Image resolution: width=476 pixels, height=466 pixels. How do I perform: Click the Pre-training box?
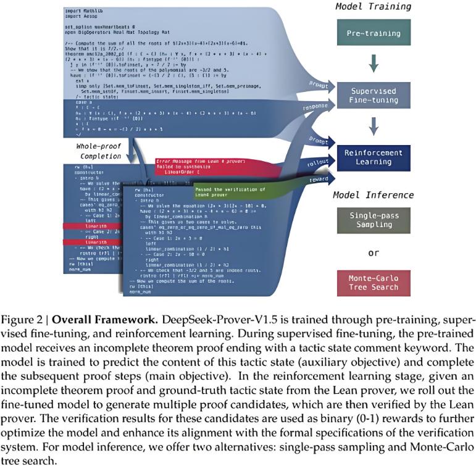click(374, 33)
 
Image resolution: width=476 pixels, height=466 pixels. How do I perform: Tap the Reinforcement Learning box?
click(374, 157)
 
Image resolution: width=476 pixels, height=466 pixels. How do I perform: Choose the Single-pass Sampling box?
click(374, 220)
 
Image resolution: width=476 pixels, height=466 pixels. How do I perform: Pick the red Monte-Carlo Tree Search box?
click(374, 283)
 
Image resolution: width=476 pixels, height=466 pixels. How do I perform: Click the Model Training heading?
click(374, 7)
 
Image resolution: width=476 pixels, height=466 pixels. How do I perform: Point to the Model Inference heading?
click(373, 195)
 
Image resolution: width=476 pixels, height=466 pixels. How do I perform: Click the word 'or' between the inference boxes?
click(373, 253)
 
